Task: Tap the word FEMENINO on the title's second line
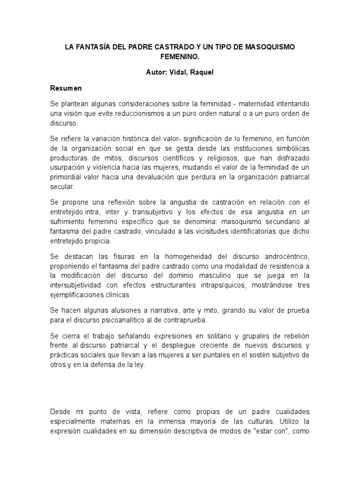[180, 57]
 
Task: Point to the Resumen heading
[66, 88]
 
